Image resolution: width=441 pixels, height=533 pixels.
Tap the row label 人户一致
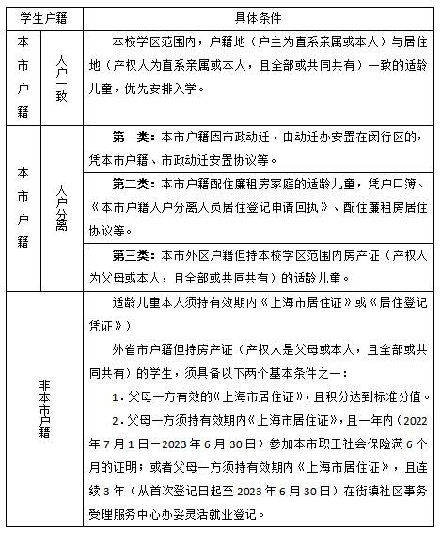(62, 76)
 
